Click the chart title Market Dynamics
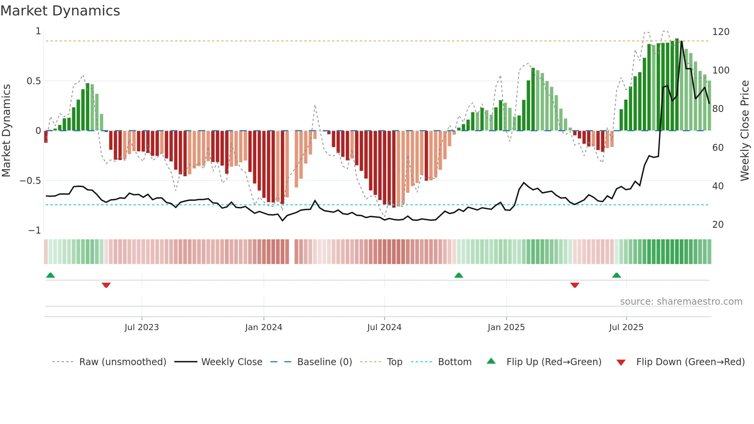(x=60, y=11)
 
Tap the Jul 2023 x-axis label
(x=142, y=327)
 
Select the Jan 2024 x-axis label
(x=264, y=327)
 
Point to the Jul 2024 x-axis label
(x=384, y=327)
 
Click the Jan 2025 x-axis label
(x=506, y=327)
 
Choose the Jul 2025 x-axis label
(x=626, y=327)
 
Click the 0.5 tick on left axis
(x=33, y=81)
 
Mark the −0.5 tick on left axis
(x=30, y=181)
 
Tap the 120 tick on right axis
(x=721, y=32)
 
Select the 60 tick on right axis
(x=718, y=148)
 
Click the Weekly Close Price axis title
(x=745, y=131)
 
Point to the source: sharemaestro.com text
(x=681, y=302)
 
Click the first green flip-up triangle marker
(x=50, y=275)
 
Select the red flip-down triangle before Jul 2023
(x=106, y=285)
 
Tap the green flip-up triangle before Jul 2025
(x=616, y=275)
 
